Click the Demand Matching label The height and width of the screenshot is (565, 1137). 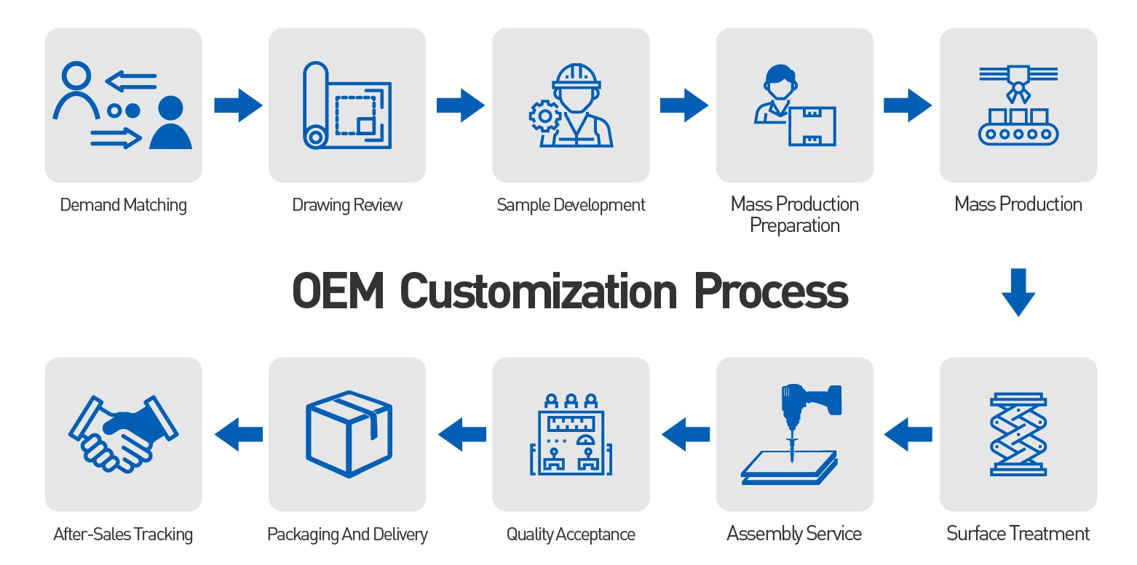point(123,205)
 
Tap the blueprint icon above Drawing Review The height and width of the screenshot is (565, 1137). point(346,105)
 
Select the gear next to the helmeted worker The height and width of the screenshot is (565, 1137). point(544,116)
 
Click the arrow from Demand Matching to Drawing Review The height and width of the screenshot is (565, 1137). point(237,105)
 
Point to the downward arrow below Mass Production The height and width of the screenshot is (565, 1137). point(1018,292)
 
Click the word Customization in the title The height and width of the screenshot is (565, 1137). point(538,291)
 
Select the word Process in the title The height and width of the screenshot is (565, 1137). point(770,291)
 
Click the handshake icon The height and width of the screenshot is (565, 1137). point(123,433)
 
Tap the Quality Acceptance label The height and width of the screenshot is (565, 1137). point(571,534)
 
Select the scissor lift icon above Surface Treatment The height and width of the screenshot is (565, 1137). point(1018,434)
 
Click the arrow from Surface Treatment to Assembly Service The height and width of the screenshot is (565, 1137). point(908,434)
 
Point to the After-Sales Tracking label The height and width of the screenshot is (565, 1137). point(123,534)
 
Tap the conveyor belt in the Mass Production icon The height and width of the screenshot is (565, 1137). point(1018,133)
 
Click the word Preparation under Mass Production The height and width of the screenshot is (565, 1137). point(794,226)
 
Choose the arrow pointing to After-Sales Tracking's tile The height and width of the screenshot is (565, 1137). point(238,434)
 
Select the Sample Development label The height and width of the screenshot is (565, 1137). point(571,205)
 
